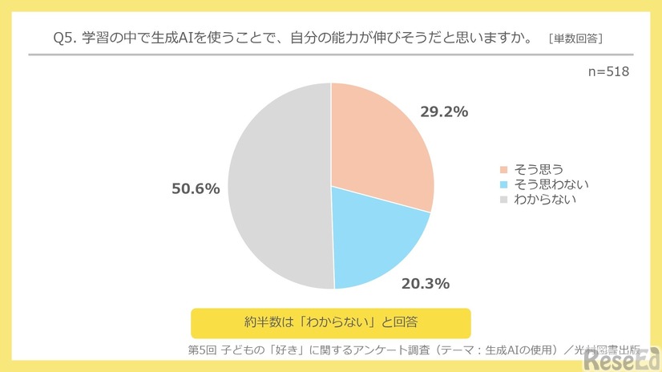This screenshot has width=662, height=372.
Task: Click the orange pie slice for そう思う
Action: [377, 144]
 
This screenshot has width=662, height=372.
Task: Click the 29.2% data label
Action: [443, 112]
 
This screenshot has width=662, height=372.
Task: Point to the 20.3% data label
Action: [425, 283]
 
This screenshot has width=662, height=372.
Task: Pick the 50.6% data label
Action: [196, 188]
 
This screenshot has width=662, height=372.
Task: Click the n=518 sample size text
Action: [608, 71]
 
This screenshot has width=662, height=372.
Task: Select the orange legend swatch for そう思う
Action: [503, 169]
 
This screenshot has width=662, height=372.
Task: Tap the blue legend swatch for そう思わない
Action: [503, 184]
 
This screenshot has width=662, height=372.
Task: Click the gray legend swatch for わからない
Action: [503, 199]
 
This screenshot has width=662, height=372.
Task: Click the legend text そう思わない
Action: [549, 184]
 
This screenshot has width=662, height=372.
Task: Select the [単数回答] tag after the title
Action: [575, 38]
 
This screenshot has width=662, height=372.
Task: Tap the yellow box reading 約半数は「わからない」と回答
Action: [330, 321]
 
